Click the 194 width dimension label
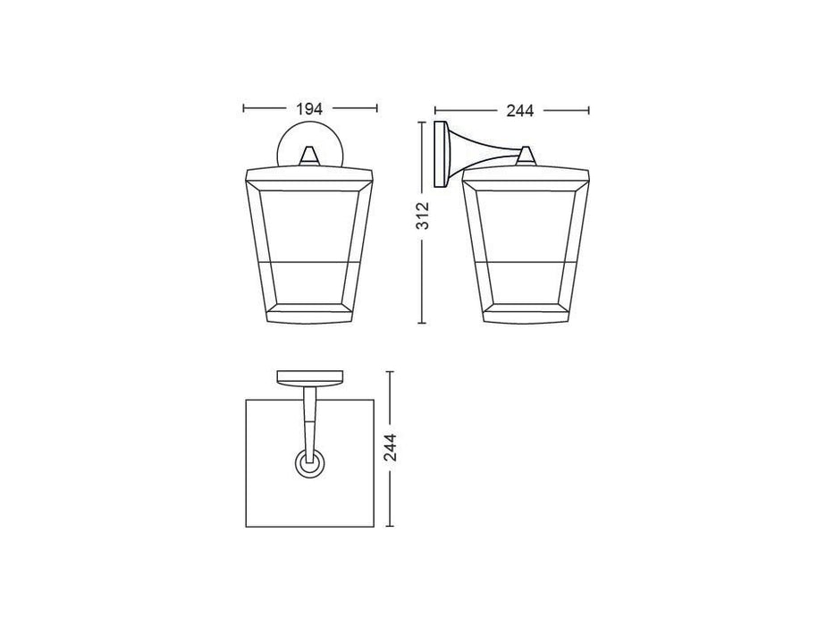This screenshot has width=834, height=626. pos(309,109)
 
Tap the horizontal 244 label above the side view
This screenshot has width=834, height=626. pos(519,111)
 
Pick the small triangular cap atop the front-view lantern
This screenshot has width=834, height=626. pos(309,156)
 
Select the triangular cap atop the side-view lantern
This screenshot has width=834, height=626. pos(527,157)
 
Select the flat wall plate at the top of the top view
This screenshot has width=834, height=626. pos(309,376)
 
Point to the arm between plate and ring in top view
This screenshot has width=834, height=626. pos(309,416)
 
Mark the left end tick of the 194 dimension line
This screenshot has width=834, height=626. pos(244,109)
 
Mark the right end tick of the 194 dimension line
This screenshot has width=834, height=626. pos(376,109)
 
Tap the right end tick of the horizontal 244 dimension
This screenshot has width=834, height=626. pos(589,111)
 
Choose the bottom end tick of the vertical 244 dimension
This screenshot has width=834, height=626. pos(390,528)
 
